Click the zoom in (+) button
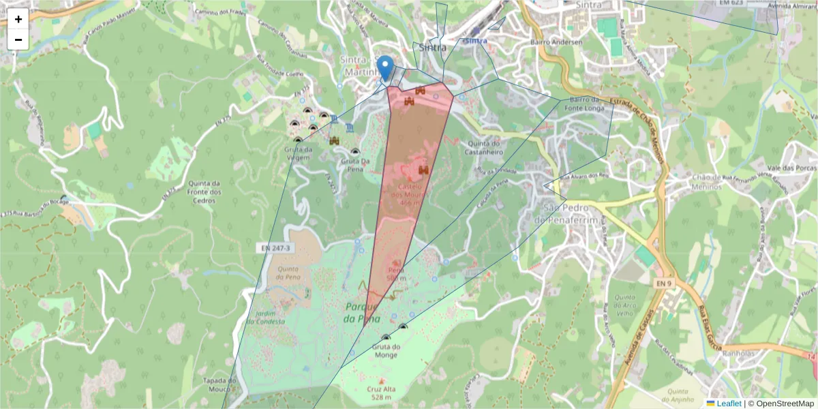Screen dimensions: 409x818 tap(18, 19)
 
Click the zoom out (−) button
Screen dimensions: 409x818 tap(18, 40)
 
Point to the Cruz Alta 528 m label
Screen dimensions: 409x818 tap(380, 392)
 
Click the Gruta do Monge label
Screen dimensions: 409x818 tap(385, 350)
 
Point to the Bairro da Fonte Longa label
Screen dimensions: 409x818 tap(584, 104)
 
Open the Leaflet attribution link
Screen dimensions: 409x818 tap(728, 404)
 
